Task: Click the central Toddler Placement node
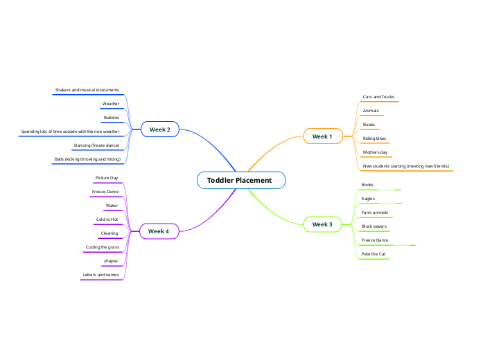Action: [240, 181]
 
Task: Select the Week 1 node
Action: [322, 136]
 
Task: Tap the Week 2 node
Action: [160, 129]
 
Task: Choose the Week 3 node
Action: [322, 224]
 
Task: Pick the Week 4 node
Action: [159, 231]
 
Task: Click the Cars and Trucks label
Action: [378, 97]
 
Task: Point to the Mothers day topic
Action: [375, 152]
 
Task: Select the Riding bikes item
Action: [374, 138]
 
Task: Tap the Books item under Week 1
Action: [369, 125]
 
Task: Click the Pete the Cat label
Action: [374, 254]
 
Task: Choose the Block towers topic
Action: [374, 226]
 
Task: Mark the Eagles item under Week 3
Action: [368, 199]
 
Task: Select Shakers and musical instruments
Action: [87, 90]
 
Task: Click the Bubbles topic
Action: [112, 118]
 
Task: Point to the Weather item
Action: [111, 104]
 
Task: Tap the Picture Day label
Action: [107, 178]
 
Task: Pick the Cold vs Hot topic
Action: [107, 219]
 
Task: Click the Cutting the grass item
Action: [103, 247]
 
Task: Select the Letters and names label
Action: [101, 275]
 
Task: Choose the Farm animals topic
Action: [375, 213]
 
